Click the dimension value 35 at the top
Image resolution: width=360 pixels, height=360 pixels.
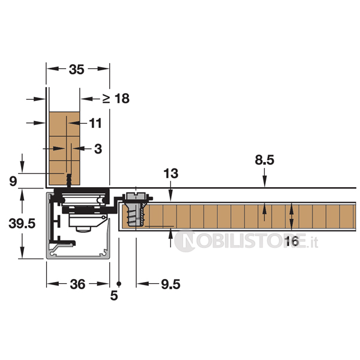77,70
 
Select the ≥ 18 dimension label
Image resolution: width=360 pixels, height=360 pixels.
116,99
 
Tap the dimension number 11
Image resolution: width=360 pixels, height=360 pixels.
95,123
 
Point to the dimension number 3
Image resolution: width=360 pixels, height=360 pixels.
98,149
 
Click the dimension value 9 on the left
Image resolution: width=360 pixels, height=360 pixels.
13,181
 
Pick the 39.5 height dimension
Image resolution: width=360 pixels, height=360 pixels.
22,223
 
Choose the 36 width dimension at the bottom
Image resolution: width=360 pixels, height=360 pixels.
77,284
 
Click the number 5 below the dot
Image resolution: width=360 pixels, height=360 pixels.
114,295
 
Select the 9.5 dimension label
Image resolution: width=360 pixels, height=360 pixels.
170,284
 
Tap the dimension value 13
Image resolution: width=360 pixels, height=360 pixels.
171,173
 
